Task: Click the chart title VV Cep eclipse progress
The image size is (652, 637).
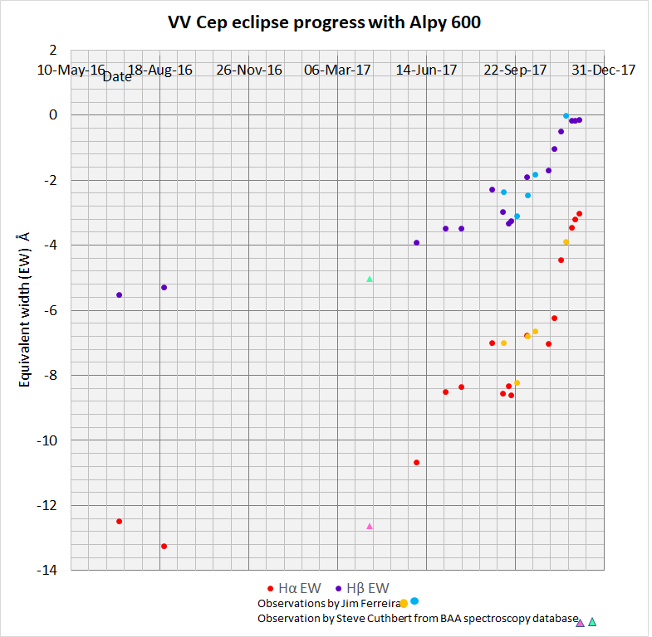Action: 325,22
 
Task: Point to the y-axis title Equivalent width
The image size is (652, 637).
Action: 25,309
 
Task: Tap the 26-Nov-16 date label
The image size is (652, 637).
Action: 249,71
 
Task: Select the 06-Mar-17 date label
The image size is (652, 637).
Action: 338,71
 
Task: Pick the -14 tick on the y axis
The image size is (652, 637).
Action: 51,571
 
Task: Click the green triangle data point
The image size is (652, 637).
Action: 370,279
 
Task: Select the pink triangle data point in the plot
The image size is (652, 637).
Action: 370,526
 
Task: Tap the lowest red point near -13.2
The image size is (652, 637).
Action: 164,546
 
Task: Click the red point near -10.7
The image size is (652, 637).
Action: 416,462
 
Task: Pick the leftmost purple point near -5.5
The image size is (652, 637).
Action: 119,294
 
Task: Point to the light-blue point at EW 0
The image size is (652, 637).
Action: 566,116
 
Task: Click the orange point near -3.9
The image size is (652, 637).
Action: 566,242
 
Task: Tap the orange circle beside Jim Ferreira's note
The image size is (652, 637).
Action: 403,604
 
